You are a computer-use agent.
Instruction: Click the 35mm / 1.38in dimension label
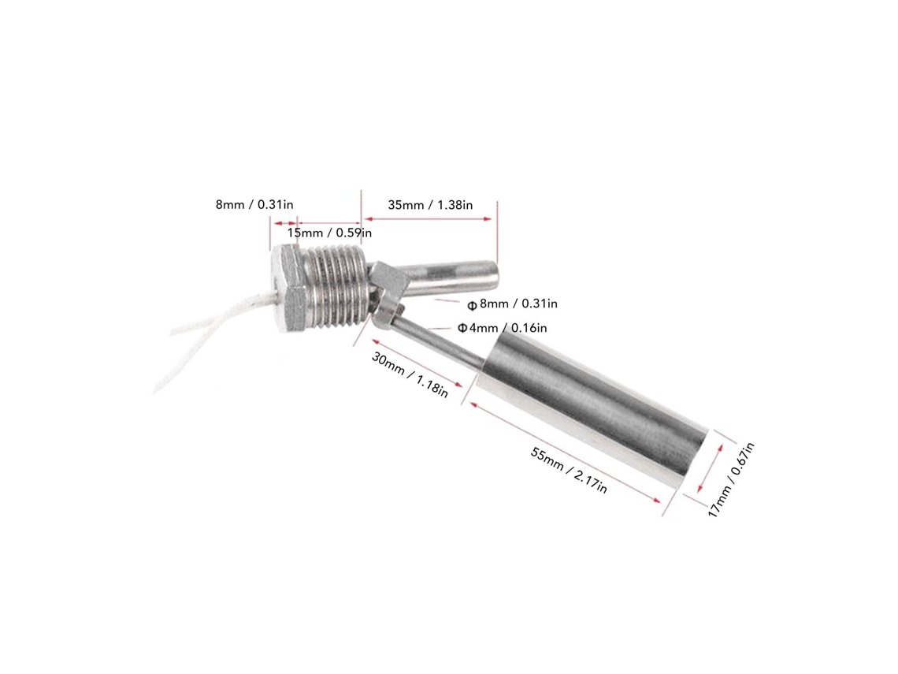pos(430,205)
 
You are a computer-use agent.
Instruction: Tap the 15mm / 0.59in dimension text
pos(329,233)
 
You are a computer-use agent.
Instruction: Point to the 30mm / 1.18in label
pos(410,374)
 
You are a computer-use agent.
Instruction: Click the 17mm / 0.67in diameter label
pos(731,480)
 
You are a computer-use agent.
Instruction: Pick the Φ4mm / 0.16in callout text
pos(503,328)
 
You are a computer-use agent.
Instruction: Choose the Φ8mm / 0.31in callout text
pos(513,303)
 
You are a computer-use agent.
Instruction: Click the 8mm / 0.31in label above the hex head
pos(254,205)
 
